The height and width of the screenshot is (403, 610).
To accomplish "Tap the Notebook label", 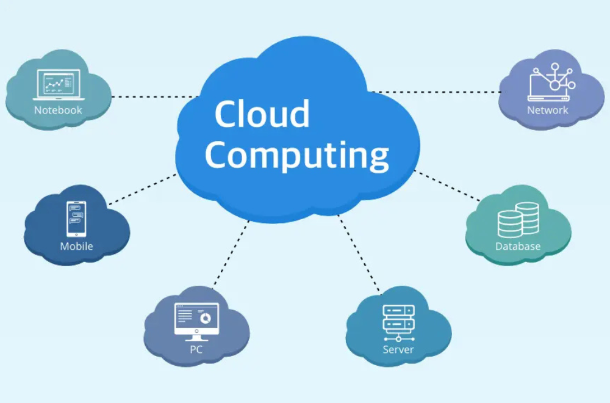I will [58, 111].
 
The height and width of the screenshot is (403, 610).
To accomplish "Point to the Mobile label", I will [76, 247].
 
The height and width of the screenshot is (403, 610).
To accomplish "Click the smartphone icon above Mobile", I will [76, 219].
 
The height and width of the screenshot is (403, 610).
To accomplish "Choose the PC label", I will [196, 350].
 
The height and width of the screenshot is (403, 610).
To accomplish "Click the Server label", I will [398, 350].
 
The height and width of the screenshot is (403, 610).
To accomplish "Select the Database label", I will [518, 247].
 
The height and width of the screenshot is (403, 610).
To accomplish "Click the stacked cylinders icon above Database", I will [518, 220].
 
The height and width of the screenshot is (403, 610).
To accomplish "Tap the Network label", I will [547, 111].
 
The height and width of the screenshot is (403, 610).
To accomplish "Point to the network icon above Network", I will [550, 82].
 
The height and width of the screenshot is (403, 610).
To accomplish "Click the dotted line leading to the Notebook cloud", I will [156, 96].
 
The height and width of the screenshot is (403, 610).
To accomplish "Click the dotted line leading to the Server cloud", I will [360, 253].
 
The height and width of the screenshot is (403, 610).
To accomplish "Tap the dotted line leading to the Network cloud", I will [436, 92].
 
